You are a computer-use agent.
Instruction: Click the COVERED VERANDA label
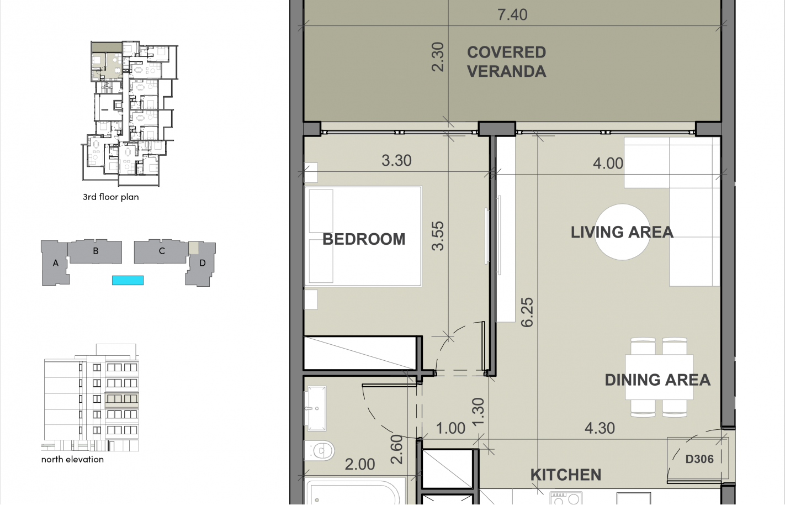pyautogui.click(x=506, y=62)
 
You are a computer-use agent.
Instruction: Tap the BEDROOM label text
pyautogui.click(x=364, y=239)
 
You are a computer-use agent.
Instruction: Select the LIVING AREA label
pyautogui.click(x=622, y=232)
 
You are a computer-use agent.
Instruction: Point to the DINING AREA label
pyautogui.click(x=657, y=380)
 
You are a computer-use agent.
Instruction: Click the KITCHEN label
pyautogui.click(x=565, y=475)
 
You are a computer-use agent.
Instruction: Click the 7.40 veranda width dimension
pyautogui.click(x=512, y=15)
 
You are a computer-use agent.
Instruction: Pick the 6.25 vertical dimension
pyautogui.click(x=527, y=312)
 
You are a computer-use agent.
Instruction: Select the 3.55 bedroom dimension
pyautogui.click(x=438, y=236)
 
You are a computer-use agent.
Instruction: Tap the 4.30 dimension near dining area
pyautogui.click(x=600, y=428)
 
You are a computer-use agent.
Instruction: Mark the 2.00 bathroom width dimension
pyautogui.click(x=360, y=465)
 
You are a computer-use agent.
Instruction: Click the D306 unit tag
pyautogui.click(x=699, y=459)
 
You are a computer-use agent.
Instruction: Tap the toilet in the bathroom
pyautogui.click(x=320, y=451)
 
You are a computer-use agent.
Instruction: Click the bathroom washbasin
pyautogui.click(x=316, y=408)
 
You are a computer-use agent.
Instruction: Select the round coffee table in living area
pyautogui.click(x=622, y=232)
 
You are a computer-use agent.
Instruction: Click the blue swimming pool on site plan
pyautogui.click(x=128, y=280)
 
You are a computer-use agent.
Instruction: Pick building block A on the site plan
pyautogui.click(x=55, y=264)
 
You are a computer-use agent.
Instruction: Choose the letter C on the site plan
pyautogui.click(x=162, y=251)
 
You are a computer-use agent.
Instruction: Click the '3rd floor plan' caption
pyautogui.click(x=110, y=197)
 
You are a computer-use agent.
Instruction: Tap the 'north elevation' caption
pyautogui.click(x=72, y=460)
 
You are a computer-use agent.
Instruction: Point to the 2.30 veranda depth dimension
pyautogui.click(x=437, y=57)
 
